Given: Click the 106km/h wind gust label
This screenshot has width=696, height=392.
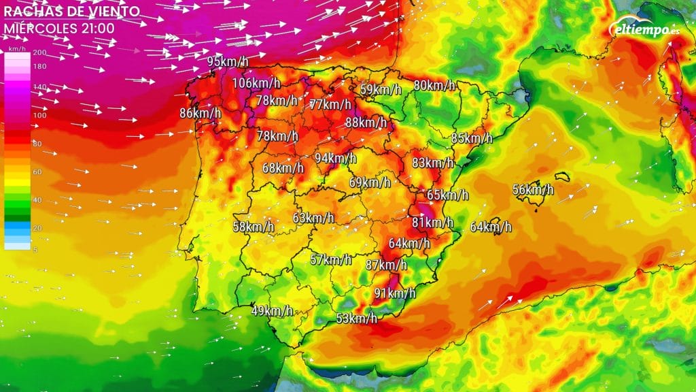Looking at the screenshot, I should pos(256,83).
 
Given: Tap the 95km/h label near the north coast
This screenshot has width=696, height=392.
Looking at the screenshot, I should pos(228,62).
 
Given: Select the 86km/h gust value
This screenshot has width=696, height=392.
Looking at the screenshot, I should pos(200,113).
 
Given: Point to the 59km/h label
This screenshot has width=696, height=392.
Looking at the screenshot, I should pos(381,89).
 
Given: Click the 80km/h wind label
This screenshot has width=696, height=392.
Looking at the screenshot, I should pos(434,86).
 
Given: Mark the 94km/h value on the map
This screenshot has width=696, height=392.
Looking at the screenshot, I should pos(335,159).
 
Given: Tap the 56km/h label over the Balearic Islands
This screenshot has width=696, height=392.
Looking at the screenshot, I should pos(533,190).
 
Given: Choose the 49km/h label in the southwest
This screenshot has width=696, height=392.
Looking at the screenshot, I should pos(272,311).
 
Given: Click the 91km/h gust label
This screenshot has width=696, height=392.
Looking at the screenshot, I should pos(395,293).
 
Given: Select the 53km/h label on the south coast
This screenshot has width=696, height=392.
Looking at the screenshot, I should pos(356,318).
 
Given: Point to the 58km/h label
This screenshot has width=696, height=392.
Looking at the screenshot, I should pos(254,227).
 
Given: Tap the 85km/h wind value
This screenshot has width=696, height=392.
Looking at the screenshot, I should pos(472,138).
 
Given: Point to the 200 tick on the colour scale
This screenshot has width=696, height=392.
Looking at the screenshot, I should pos(39,52).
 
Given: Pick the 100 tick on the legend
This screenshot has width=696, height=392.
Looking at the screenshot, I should pos(39,115).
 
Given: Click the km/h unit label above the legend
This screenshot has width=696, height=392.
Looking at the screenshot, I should pos(16,49).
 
